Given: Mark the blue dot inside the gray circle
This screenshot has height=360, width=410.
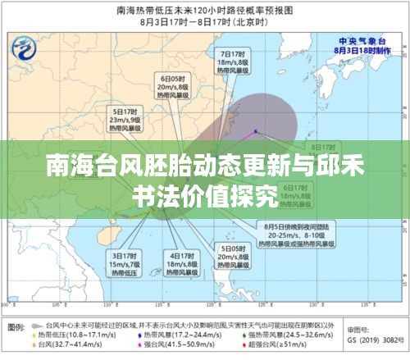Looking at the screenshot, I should (256, 131).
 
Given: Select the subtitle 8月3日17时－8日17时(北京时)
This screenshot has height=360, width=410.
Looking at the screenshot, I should (204, 24).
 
